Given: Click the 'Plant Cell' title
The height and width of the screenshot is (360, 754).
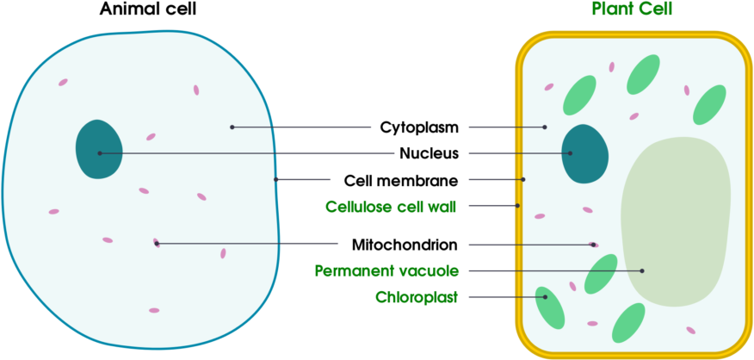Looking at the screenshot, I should pos(632,9).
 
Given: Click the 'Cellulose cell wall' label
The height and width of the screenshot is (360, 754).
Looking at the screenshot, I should pos(390,207).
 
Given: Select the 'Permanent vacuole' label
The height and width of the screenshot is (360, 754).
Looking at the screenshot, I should pos(386,271).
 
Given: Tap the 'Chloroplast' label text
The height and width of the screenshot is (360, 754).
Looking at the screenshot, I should pos(417,298).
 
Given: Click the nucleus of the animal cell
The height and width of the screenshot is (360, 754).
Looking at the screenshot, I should pos(98,149).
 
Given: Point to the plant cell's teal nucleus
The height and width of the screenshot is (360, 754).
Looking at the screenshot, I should pos(585,153).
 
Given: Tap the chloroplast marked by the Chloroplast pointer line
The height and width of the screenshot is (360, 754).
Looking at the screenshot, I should pos(549,307).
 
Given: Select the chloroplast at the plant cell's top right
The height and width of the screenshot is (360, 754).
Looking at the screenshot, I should pos(709,104).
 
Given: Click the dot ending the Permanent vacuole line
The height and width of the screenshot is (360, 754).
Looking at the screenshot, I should pos(642,271).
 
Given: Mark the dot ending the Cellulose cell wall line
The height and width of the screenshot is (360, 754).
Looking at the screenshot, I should pos(517,206).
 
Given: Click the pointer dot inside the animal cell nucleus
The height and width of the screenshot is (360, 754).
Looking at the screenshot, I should pos(100,153).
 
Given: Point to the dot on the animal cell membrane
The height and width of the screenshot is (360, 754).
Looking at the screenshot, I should pos(275,179).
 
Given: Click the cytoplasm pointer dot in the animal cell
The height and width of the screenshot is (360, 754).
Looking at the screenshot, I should pos(232,127).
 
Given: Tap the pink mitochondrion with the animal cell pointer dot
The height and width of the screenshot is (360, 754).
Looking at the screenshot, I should pos(156,243).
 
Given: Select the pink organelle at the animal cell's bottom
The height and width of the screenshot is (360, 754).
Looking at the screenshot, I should pos(154,310).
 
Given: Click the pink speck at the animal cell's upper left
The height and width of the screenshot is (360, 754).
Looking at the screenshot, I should pos(63,83).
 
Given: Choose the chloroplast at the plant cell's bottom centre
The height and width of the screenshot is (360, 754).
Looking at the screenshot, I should pos(628,322).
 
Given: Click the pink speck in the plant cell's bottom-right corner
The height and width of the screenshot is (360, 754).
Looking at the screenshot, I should pos(690,330).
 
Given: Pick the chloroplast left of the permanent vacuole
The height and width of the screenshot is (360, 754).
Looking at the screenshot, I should pos(601,274).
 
